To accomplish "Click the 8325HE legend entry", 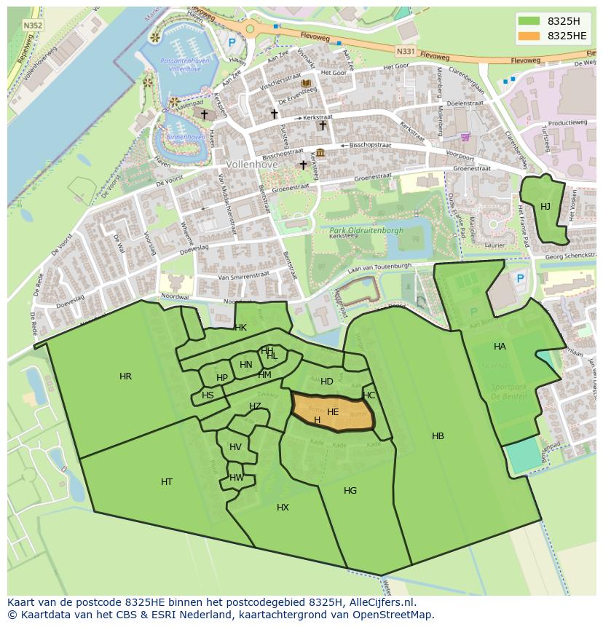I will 553,36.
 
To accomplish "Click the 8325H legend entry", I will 553,21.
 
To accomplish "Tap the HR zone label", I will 125,376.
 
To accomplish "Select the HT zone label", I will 167,482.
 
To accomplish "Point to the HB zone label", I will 438,436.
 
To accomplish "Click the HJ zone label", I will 545,207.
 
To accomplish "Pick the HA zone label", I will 500,347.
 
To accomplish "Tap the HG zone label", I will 350,491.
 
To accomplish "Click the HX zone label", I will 283,508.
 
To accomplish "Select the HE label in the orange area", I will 333,412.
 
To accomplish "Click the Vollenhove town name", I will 251,165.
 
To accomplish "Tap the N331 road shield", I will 406,52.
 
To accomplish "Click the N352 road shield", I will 32,25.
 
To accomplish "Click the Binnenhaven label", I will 185,136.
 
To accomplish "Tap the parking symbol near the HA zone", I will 520,278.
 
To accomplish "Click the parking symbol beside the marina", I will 232,43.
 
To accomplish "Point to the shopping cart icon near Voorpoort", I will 465,136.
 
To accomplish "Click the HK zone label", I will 240,328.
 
